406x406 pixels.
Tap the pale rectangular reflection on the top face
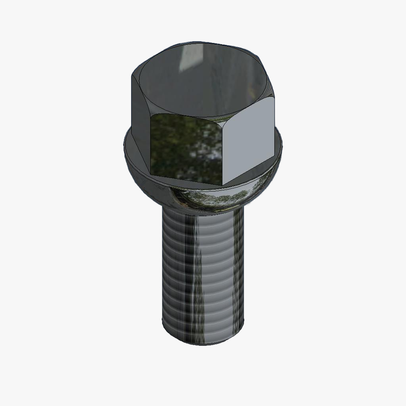190,57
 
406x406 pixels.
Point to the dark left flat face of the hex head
140,119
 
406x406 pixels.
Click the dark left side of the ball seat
149,186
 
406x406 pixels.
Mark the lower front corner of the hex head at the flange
222,185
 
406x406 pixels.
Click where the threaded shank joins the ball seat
202,212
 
